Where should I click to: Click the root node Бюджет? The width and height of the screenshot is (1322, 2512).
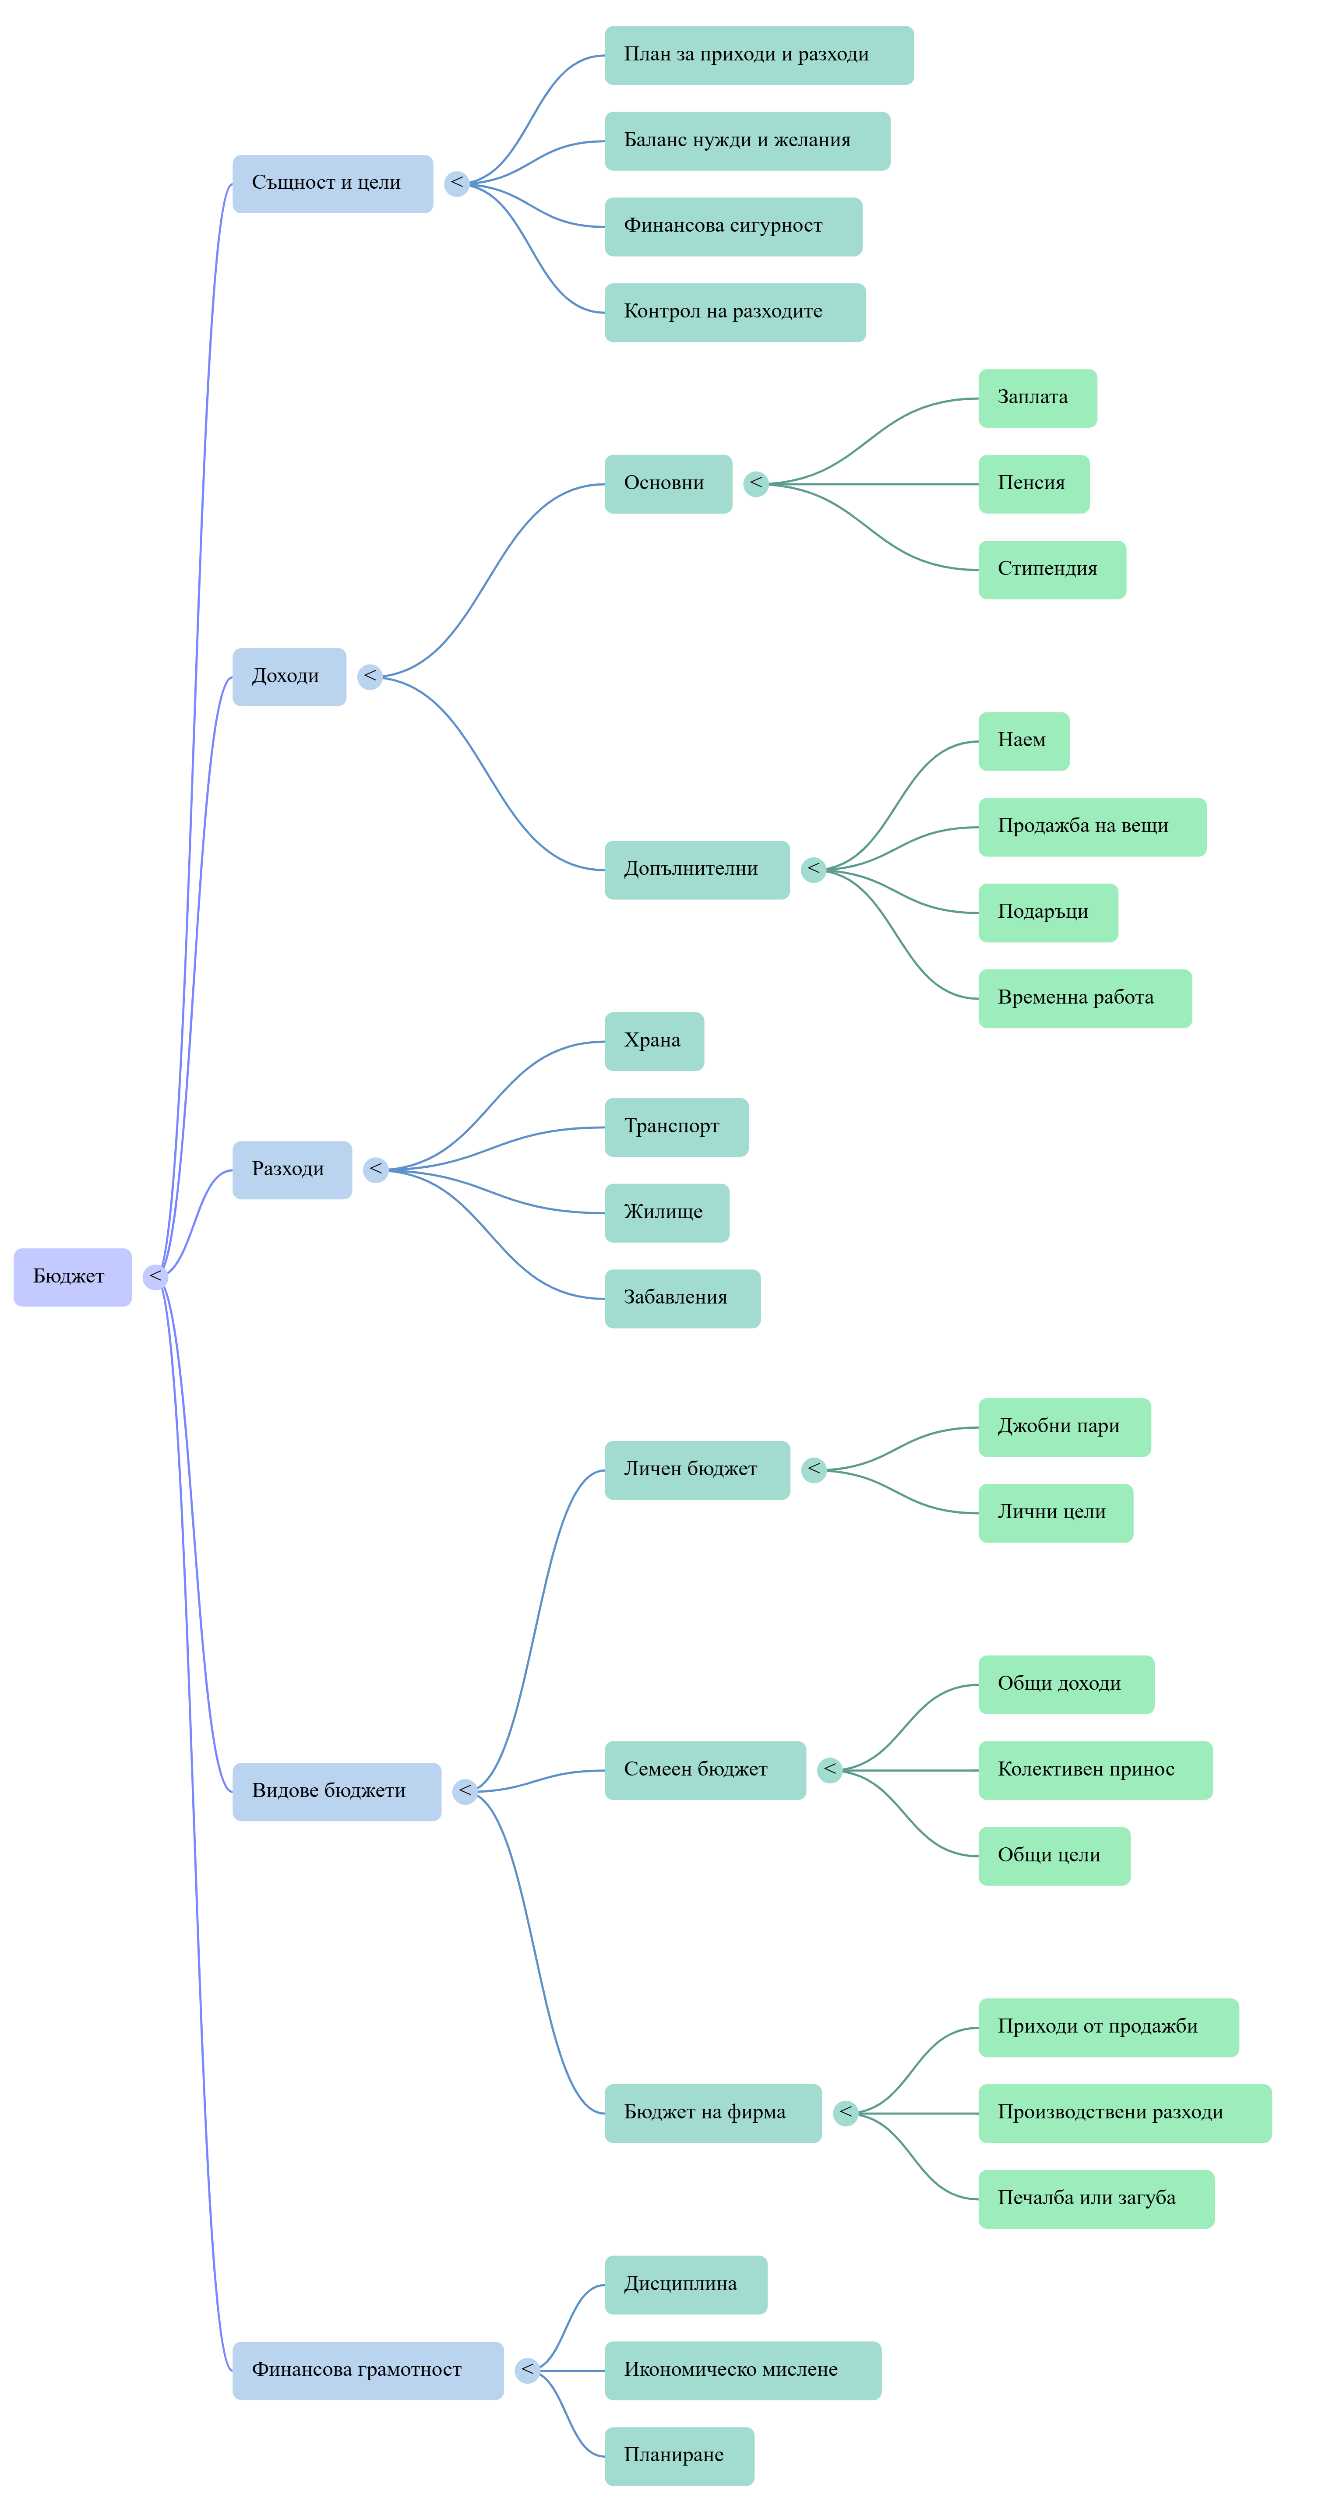coord(72,1276)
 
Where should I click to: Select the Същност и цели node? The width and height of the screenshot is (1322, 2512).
coord(332,183)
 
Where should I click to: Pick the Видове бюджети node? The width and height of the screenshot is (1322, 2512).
coord(336,1791)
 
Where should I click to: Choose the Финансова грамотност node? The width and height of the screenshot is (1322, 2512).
coord(367,2371)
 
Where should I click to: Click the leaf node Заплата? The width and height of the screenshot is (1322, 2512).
coord(1037,398)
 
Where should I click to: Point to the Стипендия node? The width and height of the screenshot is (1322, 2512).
coord(1052,570)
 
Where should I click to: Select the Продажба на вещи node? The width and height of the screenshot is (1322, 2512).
coord(1092,827)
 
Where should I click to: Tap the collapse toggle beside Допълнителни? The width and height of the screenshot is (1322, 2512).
coord(813,870)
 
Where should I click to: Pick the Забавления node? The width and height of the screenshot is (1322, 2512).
coord(682,1299)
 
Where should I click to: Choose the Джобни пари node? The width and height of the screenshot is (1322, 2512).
coord(1065,1427)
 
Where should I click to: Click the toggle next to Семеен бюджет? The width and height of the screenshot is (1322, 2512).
coord(830,1770)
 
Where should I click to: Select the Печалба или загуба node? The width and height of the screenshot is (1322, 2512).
coord(1096,2199)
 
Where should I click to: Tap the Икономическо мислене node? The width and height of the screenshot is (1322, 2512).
coord(743,2371)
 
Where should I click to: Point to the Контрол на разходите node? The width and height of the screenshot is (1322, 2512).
coord(735,312)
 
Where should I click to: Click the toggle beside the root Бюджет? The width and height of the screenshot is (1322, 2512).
coord(155,1276)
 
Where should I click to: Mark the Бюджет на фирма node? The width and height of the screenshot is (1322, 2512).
coord(712,2113)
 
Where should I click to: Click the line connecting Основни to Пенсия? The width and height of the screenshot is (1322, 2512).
coord(874,484)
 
